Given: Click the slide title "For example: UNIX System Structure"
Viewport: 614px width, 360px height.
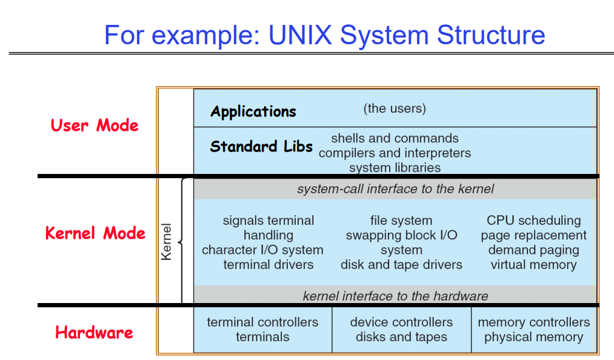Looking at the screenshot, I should (324, 35).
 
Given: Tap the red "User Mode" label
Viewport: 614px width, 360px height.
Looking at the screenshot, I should (95, 125).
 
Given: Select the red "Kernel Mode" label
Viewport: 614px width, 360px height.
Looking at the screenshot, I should (95, 233).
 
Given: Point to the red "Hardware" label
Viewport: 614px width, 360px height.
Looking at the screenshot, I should (94, 332).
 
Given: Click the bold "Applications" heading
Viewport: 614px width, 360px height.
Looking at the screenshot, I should (253, 112).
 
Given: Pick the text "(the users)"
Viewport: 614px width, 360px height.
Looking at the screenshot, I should (395, 108).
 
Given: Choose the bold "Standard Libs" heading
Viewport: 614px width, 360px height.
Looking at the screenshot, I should (261, 147).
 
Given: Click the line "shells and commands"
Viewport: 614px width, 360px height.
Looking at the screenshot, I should (395, 138).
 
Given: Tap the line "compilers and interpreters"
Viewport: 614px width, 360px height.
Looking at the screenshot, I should (395, 153).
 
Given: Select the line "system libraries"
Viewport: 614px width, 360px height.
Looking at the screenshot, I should (395, 167).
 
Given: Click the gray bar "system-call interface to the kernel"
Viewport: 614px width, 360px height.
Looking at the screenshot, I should (395, 189).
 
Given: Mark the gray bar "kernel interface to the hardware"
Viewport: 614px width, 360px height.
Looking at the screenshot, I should (395, 296).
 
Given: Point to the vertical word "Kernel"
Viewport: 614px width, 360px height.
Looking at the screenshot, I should (167, 242).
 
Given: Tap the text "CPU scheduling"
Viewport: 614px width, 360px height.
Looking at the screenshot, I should (533, 221).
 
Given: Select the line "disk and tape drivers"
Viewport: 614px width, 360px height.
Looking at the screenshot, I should (401, 265).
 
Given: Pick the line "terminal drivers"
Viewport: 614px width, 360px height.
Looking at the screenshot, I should (269, 265).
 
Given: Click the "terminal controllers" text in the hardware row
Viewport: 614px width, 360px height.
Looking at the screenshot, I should (262, 322).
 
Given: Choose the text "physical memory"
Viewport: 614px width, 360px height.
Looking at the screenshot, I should (533, 337).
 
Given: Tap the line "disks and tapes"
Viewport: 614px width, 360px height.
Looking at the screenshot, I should (401, 337).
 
